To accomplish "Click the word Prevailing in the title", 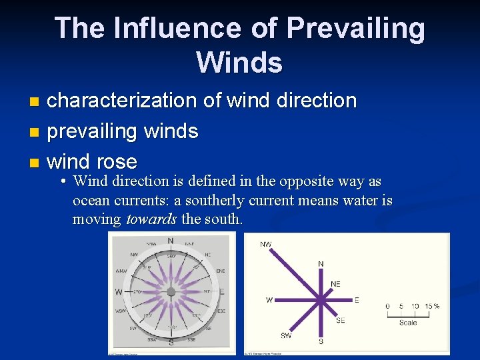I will tap(355, 29).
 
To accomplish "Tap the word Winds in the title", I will tap(239, 63).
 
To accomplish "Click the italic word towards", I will tap(152, 219).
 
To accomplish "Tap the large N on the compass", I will tap(171, 241).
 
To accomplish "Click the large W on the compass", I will tap(118, 292).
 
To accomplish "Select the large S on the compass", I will tap(171, 343).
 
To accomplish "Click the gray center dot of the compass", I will tap(171, 292).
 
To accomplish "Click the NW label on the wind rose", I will tap(266, 245).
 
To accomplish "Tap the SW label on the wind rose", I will tap(285, 335).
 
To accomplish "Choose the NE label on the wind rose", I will tap(335, 284).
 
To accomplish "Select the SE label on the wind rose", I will tap(340, 321).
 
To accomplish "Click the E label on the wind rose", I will tap(357, 301).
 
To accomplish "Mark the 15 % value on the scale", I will tap(432, 307).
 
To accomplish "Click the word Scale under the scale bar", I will tap(408, 323).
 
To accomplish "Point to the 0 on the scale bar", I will tap(387, 307).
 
